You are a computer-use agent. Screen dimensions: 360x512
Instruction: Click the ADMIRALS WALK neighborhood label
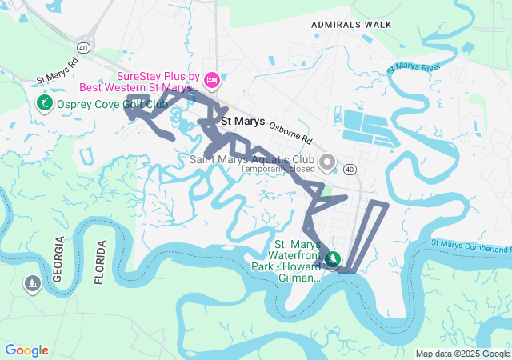[352, 25]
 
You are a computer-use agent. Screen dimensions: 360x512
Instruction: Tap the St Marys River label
[414, 69]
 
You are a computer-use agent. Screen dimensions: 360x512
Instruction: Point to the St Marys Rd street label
[58, 71]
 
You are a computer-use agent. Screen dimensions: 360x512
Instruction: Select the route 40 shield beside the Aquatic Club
[350, 170]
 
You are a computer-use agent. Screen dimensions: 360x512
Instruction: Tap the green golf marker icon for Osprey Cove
[44, 103]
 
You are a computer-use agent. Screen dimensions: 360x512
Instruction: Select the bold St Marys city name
[243, 122]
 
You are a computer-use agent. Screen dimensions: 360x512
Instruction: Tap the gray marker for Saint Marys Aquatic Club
[326, 163]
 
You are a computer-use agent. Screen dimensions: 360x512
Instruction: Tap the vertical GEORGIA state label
[58, 261]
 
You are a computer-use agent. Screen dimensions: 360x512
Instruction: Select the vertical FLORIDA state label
[100, 262]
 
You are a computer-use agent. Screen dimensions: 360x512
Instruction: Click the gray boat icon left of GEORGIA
[33, 284]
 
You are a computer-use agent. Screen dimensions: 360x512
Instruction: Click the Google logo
[26, 350]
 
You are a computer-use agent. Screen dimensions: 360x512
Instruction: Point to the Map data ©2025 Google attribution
[462, 354]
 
